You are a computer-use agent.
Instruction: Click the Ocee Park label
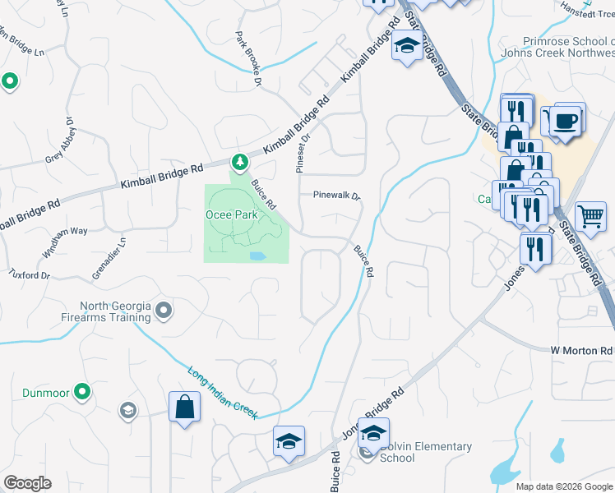[x=232, y=214]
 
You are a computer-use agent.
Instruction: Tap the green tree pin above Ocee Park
[x=239, y=163]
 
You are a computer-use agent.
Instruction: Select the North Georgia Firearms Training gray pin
[x=163, y=311]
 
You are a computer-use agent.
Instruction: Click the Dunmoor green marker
[x=81, y=392]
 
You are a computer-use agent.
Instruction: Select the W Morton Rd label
[x=581, y=351]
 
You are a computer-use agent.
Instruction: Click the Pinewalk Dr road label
[x=336, y=196]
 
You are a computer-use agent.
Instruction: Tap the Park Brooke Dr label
[x=247, y=59]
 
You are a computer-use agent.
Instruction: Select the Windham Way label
[x=67, y=232]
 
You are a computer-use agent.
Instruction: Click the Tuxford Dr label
[x=29, y=274]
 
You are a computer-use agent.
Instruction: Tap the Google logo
[x=27, y=483]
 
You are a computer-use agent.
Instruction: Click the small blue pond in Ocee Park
[x=257, y=256]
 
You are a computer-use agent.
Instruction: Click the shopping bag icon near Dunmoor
[x=184, y=407]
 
